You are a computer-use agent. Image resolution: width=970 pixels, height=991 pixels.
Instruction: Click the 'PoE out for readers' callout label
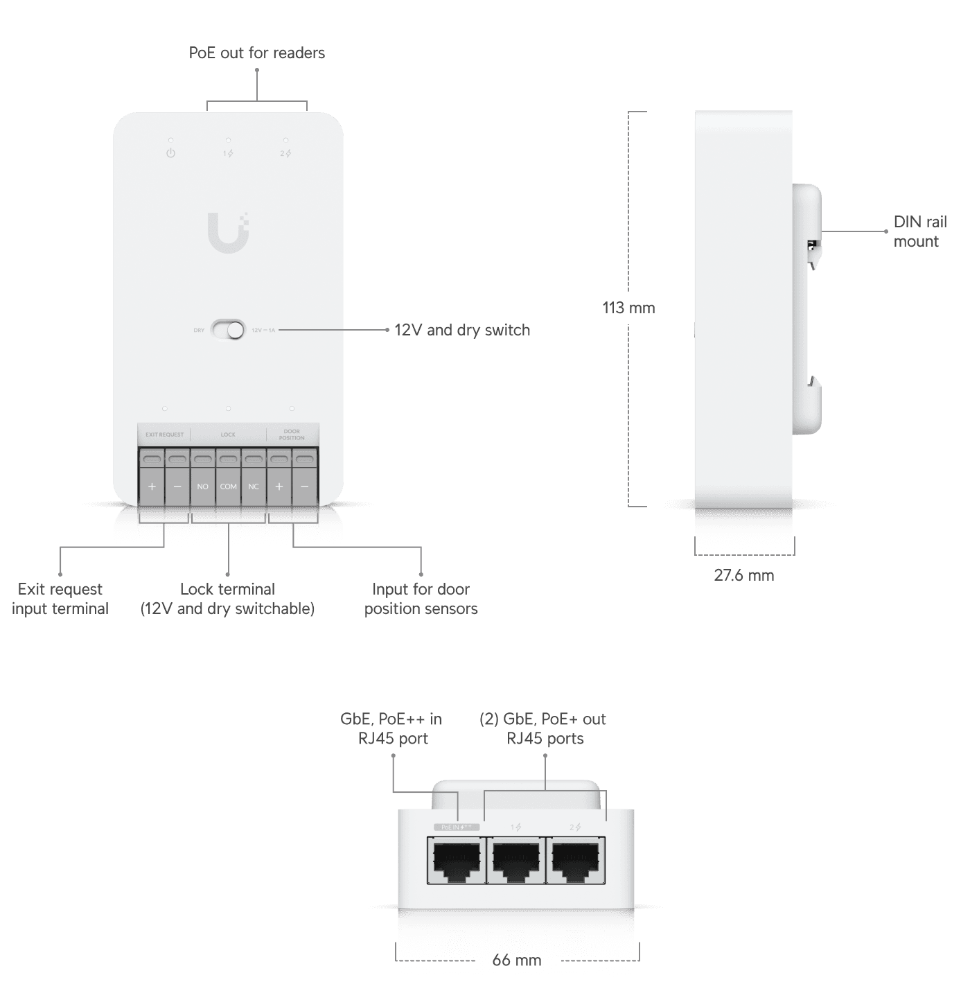click(256, 53)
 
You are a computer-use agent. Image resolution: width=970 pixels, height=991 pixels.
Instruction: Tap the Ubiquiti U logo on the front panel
click(228, 232)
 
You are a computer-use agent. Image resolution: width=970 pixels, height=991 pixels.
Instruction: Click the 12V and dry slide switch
click(228, 330)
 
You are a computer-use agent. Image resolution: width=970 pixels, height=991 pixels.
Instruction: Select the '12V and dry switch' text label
click(462, 331)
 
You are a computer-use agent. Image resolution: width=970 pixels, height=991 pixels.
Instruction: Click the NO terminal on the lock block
click(202, 486)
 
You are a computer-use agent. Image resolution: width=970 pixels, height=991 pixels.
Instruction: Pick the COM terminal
click(228, 486)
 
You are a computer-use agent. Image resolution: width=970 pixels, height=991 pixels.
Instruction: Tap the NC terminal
click(254, 486)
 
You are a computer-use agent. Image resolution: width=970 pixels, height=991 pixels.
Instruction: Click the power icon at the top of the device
click(170, 153)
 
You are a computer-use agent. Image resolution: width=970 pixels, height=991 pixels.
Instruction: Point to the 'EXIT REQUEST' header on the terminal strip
click(164, 435)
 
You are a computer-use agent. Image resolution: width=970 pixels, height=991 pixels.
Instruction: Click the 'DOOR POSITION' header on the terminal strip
click(292, 435)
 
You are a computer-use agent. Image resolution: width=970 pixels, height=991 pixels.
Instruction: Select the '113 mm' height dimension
click(628, 308)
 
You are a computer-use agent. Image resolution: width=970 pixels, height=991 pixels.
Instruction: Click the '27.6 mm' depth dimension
click(744, 575)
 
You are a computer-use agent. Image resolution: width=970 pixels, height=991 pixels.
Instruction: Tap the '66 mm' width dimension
click(517, 961)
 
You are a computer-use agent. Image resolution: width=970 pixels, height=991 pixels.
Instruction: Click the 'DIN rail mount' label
click(919, 231)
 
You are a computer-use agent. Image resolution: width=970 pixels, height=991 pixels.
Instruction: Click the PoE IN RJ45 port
click(455, 860)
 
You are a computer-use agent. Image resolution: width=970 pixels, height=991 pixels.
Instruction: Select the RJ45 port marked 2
click(575, 860)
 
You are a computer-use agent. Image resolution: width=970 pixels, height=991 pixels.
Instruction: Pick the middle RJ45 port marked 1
click(515, 860)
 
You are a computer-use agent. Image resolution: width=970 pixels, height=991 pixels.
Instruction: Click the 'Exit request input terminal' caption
click(60, 599)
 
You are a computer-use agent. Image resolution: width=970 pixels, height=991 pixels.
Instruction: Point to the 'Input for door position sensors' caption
click(421, 599)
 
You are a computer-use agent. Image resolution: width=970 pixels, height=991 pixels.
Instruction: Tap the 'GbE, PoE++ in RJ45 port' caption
click(391, 729)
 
